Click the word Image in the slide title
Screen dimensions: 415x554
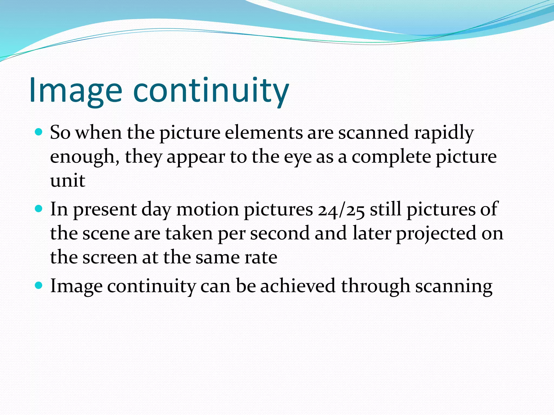76,91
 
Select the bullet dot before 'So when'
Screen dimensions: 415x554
39,132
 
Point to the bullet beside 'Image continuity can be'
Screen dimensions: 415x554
39,285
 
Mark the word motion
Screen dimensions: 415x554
207,209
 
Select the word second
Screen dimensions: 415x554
280,233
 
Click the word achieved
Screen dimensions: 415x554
298,286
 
